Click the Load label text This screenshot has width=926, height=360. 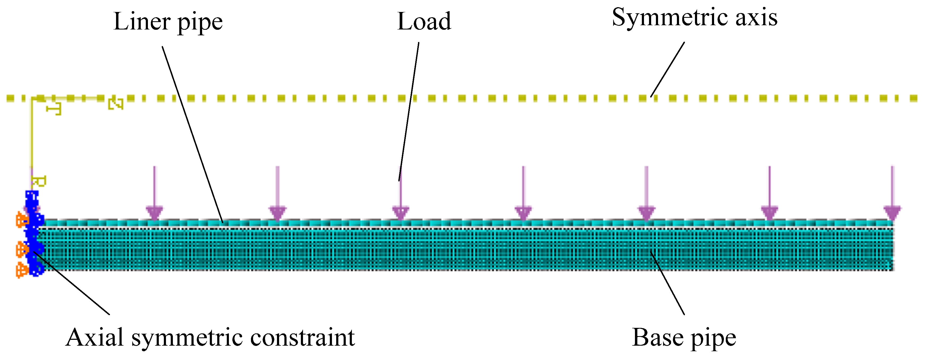pyautogui.click(x=424, y=22)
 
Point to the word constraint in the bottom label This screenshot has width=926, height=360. pyautogui.click(x=302, y=338)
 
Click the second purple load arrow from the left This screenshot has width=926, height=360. pyautogui.click(x=277, y=194)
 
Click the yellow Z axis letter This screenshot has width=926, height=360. pyautogui.click(x=116, y=104)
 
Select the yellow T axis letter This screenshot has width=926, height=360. pyautogui.click(x=54, y=109)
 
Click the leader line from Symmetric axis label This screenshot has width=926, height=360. pyautogui.click(x=668, y=68)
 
